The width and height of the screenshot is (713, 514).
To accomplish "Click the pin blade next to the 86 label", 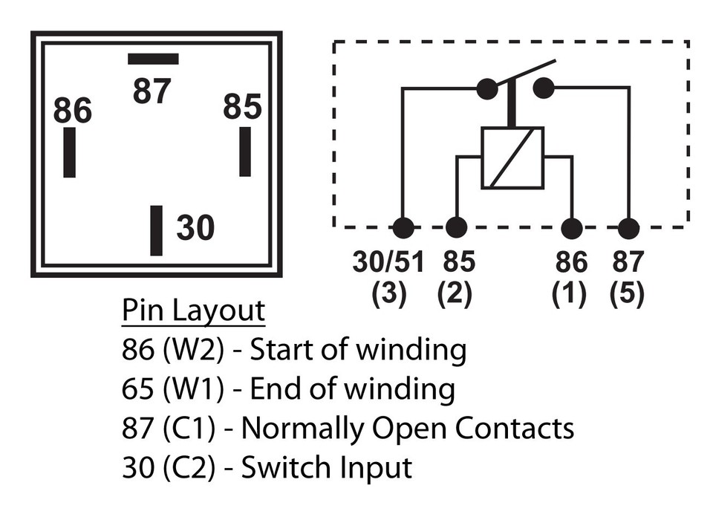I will (69, 152).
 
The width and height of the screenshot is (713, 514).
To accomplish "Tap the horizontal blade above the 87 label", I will (153, 59).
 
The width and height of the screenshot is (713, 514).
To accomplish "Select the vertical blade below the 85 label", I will (245, 152).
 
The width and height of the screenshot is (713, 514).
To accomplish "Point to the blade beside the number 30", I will (156, 230).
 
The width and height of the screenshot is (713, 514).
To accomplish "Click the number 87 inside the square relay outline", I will (152, 92).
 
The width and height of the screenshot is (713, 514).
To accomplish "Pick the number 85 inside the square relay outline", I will (243, 107).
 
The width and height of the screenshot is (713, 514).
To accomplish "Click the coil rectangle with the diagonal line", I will (512, 157).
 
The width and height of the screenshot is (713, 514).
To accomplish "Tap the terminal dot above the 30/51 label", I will (403, 228).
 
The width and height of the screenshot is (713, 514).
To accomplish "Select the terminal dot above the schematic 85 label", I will (456, 228).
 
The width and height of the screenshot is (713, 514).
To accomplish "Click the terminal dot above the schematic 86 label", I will (571, 228).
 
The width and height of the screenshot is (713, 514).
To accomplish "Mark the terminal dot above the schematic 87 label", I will (628, 228).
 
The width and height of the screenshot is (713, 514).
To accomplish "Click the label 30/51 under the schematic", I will (388, 262).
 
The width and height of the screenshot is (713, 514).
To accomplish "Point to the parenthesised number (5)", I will (627, 294).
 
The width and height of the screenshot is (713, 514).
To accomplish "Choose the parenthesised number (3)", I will (388, 294).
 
